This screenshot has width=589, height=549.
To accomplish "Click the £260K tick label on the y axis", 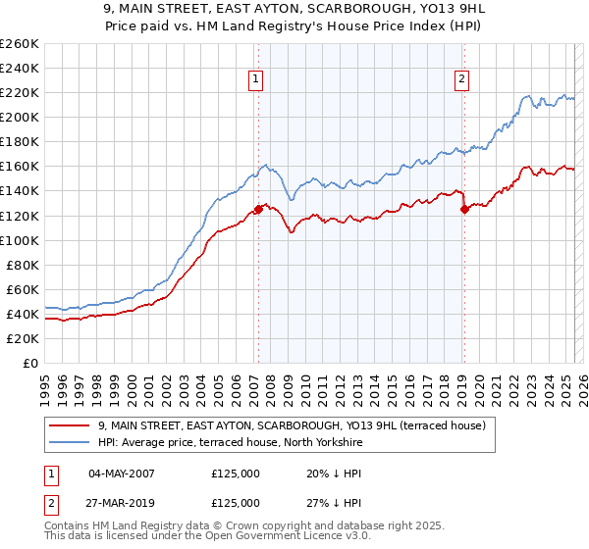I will pyautogui.click(x=20, y=44).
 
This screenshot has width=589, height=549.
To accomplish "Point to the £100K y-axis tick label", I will pyautogui.click(x=20, y=240).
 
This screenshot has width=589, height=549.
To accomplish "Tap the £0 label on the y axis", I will pyautogui.click(x=28, y=364).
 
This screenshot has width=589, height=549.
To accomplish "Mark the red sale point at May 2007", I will pyautogui.click(x=258, y=209).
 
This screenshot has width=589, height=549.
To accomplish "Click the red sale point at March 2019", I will pyautogui.click(x=464, y=209).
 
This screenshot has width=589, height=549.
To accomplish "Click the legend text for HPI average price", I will pyautogui.click(x=230, y=443).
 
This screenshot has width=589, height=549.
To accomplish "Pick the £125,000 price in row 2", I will pyautogui.click(x=236, y=503).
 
